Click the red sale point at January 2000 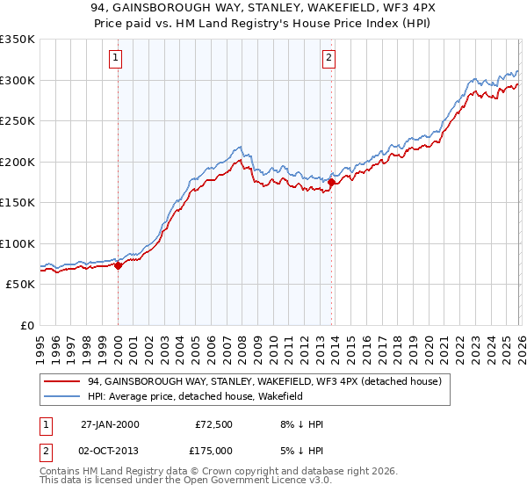point(119,265)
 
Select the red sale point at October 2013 point(331,182)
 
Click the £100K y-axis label point(18,243)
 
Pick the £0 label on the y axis point(26,325)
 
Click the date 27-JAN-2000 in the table point(109,424)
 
